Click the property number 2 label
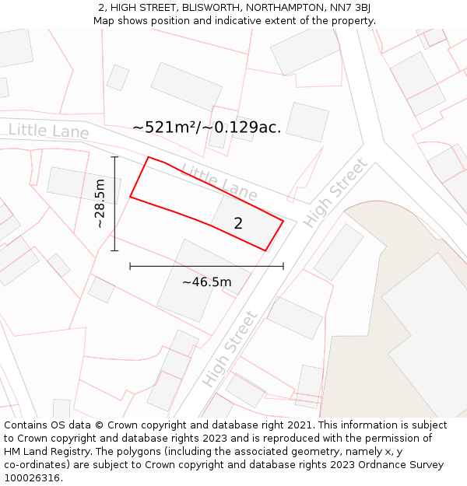point(238,223)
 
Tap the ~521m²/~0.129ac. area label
point(206,127)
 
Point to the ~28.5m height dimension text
point(100,204)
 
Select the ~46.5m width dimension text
point(206,281)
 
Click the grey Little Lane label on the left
point(48,131)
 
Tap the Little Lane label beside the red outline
point(219,180)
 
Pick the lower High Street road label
point(230,349)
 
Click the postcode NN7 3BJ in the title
point(349,7)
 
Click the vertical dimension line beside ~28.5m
point(114,204)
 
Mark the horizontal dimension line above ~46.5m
point(206,266)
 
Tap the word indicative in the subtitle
point(247,20)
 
